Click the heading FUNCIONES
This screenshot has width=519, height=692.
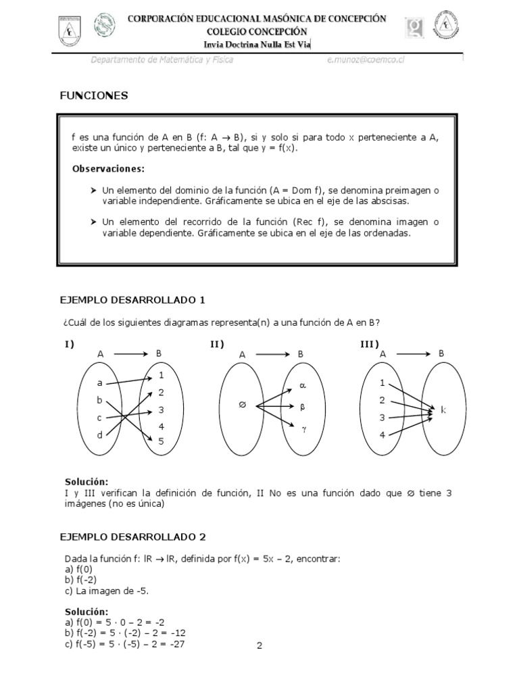tap(94, 96)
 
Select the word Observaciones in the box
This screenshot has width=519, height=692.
tap(108, 168)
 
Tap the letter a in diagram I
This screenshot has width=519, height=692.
tap(99, 382)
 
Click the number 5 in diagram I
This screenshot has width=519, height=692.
tap(161, 441)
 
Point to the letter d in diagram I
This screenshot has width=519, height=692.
tap(99, 435)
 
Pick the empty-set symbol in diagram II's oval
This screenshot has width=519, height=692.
tap(241, 405)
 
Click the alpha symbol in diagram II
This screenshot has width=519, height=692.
tap(302, 386)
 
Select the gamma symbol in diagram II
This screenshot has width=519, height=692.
tap(303, 428)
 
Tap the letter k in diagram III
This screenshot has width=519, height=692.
tap(443, 410)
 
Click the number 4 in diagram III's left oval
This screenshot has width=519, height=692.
tap(382, 435)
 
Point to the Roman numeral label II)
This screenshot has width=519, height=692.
tap(217, 345)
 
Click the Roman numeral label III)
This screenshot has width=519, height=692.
tap(369, 345)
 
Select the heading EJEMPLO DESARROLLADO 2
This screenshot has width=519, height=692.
tap(132, 537)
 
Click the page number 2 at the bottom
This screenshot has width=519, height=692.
tap(259, 645)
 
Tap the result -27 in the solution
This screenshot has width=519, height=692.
tap(176, 643)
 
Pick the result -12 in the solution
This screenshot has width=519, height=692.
tap(178, 633)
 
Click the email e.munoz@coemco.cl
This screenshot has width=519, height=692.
tap(366, 60)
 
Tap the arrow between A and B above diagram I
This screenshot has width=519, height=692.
tap(130, 353)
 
